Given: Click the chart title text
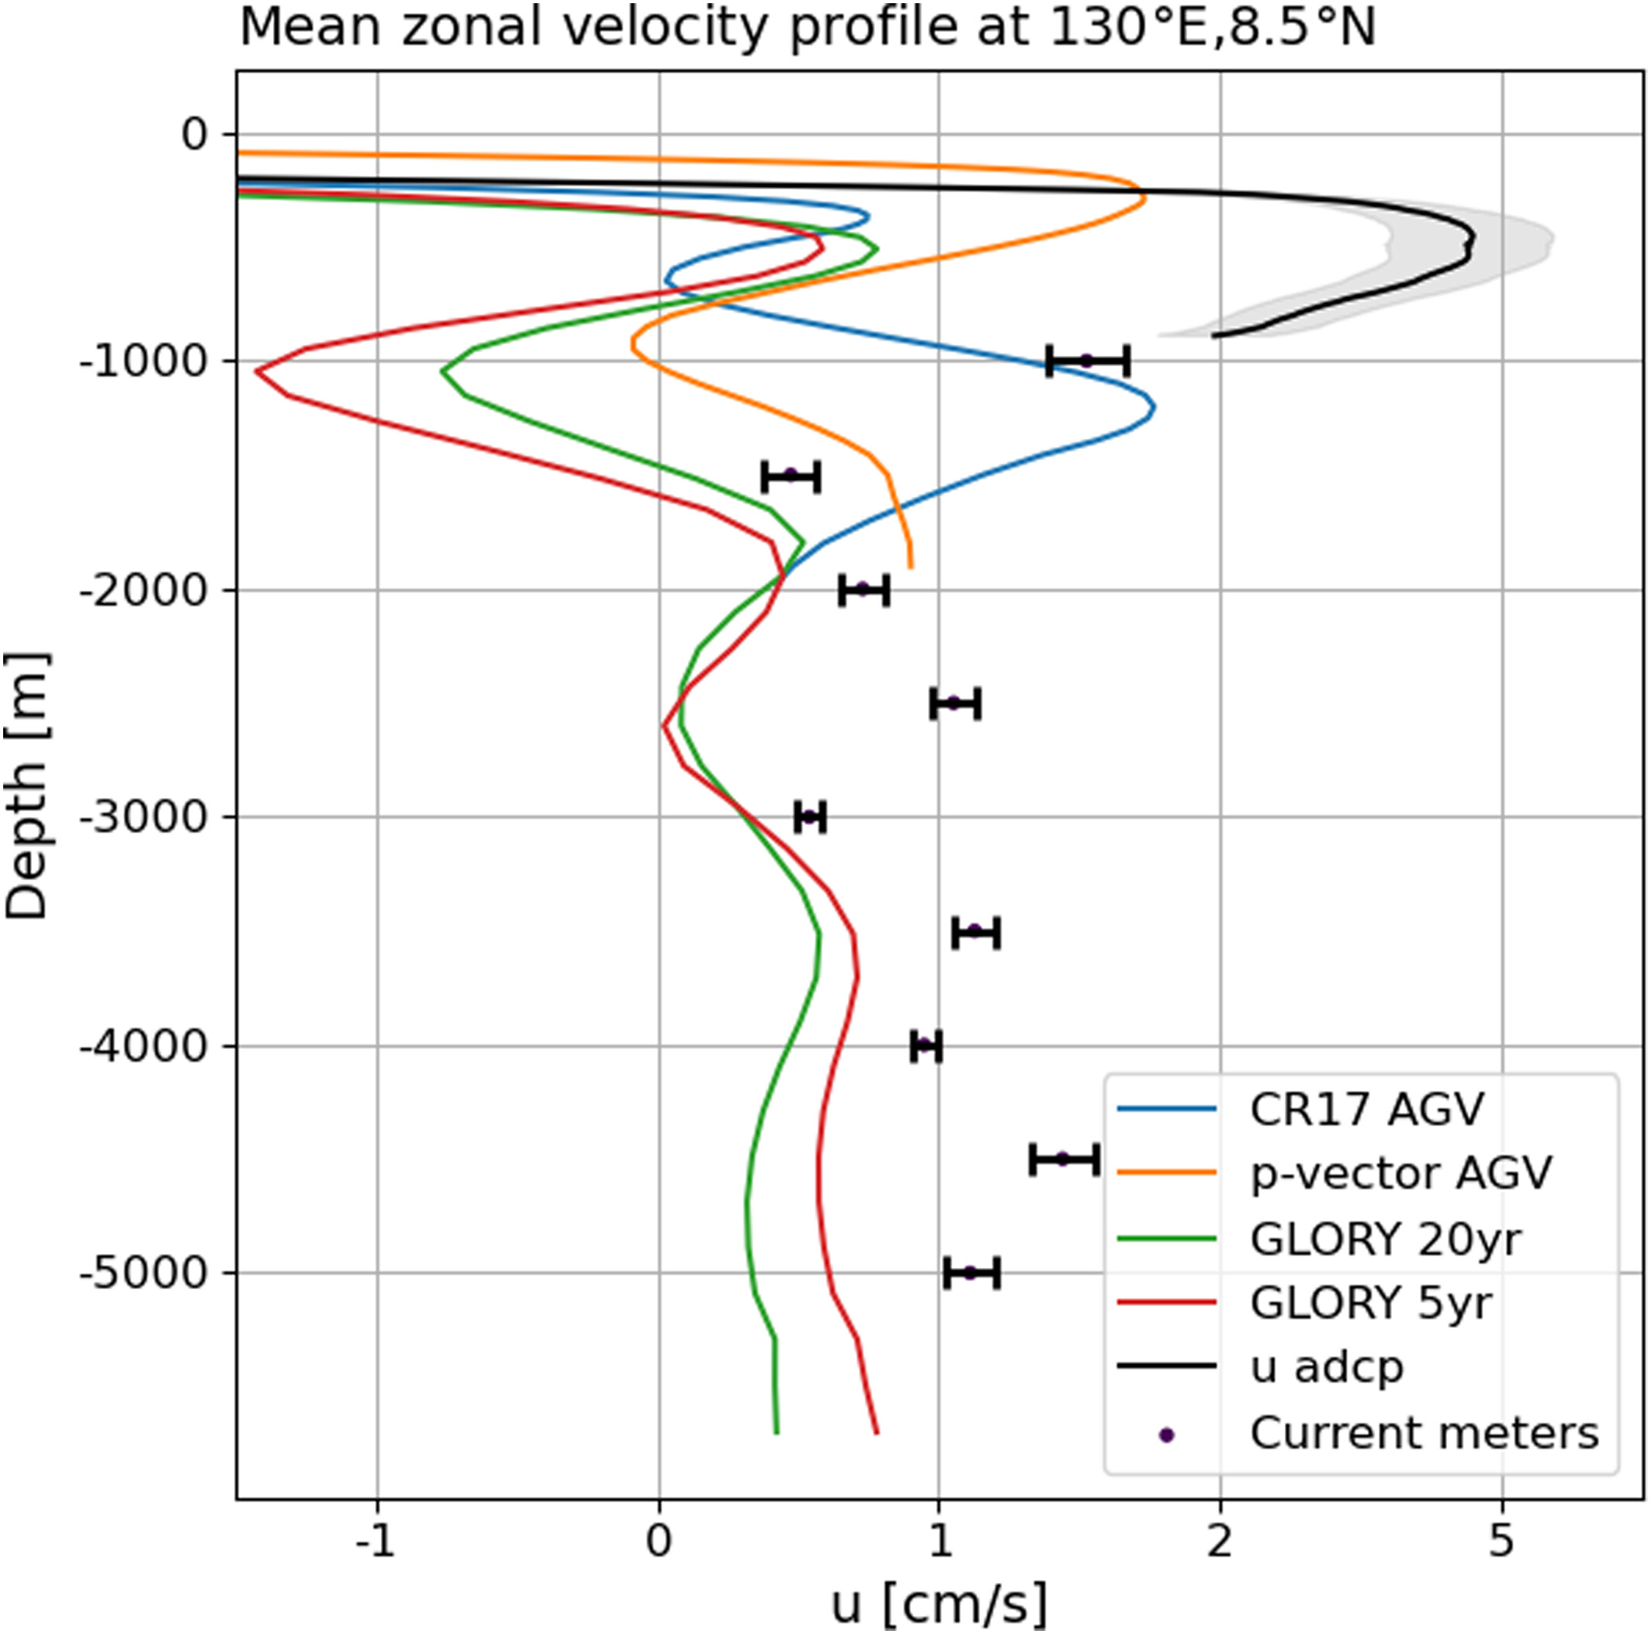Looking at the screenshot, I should pyautogui.click(x=808, y=29).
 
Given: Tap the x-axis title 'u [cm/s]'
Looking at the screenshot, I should pyautogui.click(x=938, y=1604).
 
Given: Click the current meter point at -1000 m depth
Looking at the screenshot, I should pyautogui.click(x=1087, y=361).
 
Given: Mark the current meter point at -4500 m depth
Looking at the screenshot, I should pyautogui.click(x=1063, y=1159).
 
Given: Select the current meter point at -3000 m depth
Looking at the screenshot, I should pyautogui.click(x=809, y=817).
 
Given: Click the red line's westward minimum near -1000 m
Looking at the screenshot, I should pyautogui.click(x=258, y=371).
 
